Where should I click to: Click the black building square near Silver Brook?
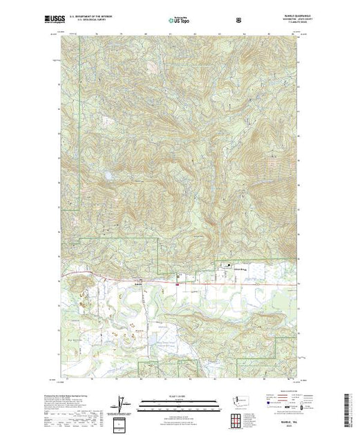231,267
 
